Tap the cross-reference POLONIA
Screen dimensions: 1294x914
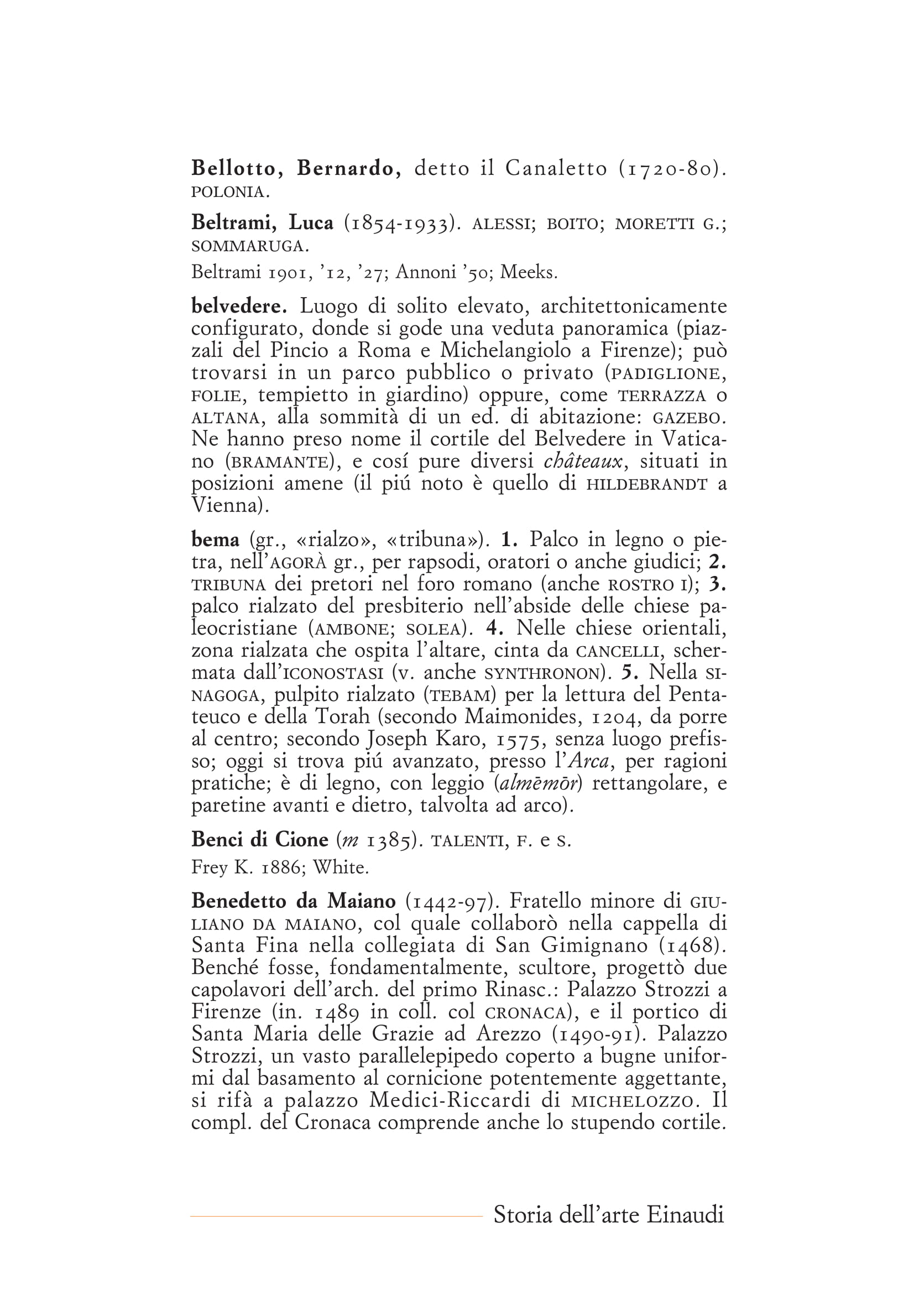click(x=230, y=192)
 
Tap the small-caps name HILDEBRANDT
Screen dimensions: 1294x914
click(x=646, y=484)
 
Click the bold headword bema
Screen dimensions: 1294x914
click(x=215, y=540)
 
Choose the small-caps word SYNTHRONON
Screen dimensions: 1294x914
click(x=541, y=673)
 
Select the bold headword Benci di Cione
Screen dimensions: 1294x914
click(x=260, y=840)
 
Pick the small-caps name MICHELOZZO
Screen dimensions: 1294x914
click(x=632, y=1101)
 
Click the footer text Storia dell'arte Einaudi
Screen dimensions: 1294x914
click(x=608, y=1214)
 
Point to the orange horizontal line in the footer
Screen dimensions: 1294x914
click(x=336, y=1216)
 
